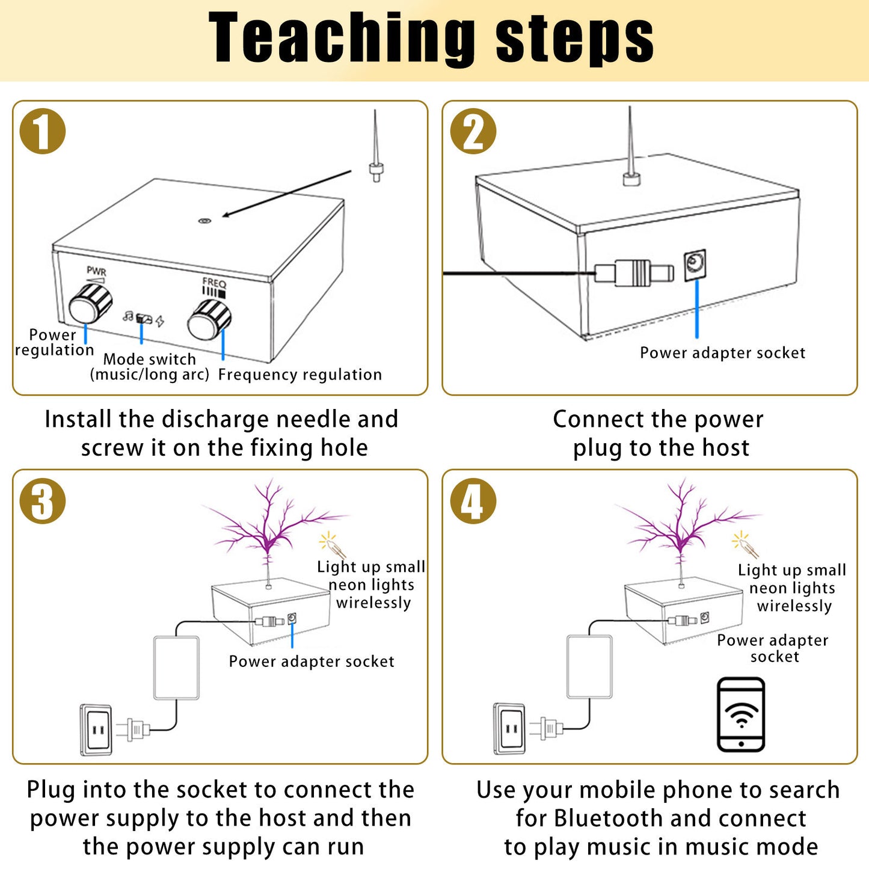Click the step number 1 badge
42,131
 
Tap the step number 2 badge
473,131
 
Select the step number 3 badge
42,501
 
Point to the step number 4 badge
473,501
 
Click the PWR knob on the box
91,304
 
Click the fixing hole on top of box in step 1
204,221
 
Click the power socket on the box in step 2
695,265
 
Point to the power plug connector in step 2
634,273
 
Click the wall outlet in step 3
96,729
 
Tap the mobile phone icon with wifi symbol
741,714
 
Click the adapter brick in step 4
589,666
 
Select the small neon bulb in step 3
333,545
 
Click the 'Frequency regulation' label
299,375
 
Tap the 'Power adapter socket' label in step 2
722,353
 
